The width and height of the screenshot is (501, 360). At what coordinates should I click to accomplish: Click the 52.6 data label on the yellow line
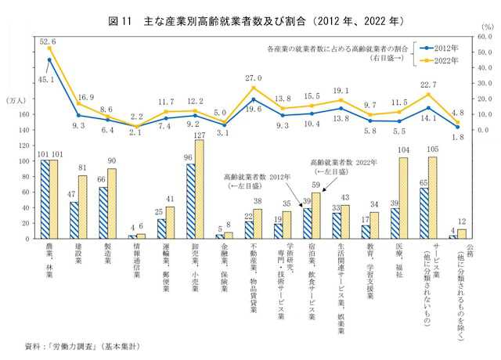point(49,41)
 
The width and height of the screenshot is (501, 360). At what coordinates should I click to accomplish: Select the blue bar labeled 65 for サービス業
point(424,212)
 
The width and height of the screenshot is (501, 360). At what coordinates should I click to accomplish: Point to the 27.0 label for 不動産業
point(254,78)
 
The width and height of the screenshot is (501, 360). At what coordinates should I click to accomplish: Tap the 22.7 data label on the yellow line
point(427,85)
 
